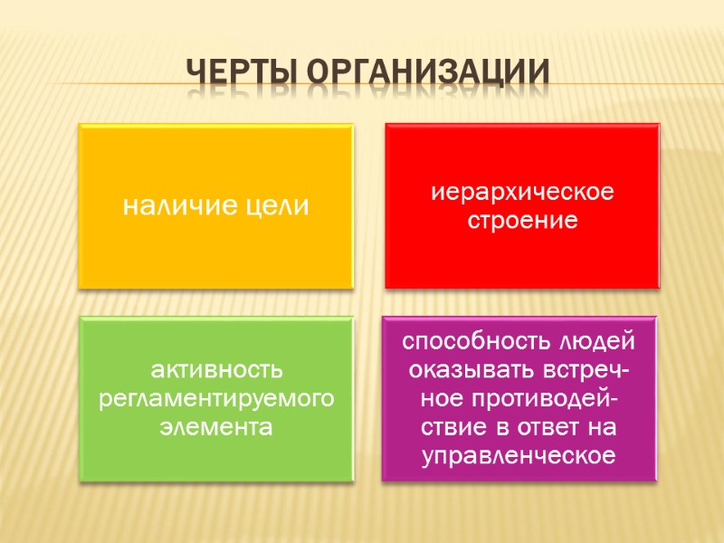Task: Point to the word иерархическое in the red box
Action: point(523,193)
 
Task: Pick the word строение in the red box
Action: point(523,220)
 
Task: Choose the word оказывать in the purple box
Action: point(461,370)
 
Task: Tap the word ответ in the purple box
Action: point(569,427)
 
